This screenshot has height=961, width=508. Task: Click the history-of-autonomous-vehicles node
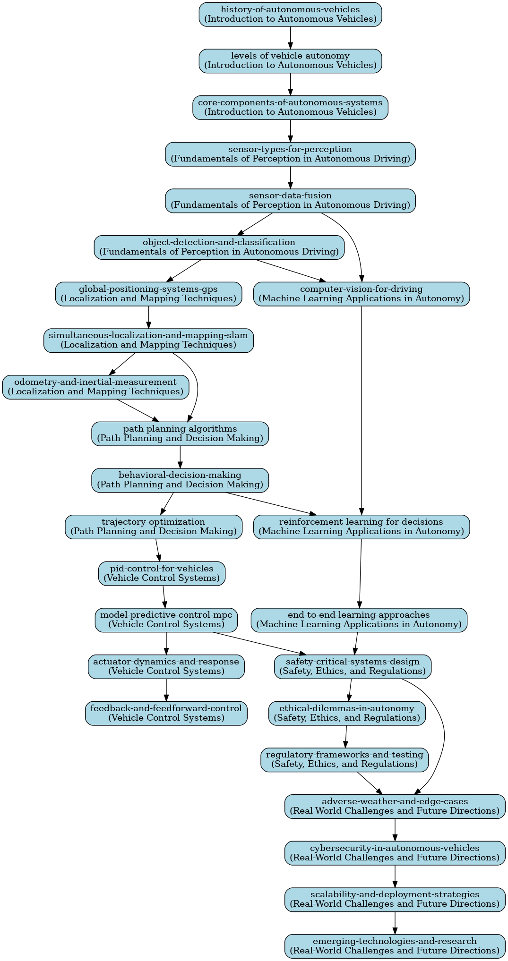290,14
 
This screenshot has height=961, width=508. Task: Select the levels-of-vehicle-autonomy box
290,61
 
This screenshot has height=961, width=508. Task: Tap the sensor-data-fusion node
290,201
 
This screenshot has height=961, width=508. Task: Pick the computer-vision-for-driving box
362,294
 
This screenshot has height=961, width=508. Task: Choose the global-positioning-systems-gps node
148,294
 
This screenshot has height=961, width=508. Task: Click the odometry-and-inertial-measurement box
95,387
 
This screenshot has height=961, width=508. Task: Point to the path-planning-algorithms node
180,434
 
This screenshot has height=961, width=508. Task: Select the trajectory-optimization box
154,527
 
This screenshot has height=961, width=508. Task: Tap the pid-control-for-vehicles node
162,573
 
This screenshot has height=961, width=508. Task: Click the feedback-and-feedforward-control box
166,713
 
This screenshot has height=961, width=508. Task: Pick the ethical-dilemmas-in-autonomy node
347,713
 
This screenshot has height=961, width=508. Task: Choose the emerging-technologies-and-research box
395,946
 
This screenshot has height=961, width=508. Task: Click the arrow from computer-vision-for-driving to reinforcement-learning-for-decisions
362,410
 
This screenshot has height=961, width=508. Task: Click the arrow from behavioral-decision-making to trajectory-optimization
167,503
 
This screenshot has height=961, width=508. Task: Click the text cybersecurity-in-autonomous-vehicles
395,848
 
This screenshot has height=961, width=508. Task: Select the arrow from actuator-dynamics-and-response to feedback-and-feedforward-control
166,690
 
